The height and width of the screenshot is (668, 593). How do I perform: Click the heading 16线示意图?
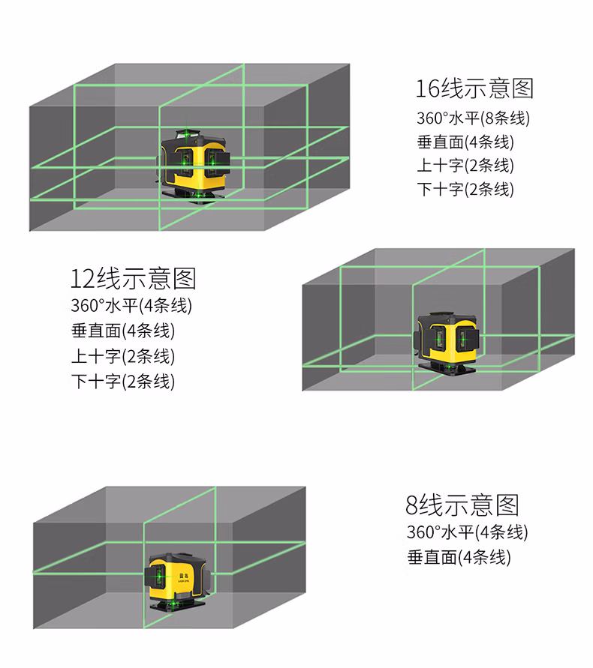click(474, 88)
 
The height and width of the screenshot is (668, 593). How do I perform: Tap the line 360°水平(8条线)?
click(468, 118)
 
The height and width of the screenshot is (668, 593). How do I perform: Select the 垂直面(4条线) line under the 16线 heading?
click(465, 142)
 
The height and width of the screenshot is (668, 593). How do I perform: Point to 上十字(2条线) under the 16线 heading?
click(465, 165)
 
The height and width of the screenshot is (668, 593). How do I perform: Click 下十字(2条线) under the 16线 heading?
click(465, 189)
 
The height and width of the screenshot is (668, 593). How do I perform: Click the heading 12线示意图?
click(133, 278)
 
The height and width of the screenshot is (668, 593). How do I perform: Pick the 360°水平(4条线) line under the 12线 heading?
click(131, 305)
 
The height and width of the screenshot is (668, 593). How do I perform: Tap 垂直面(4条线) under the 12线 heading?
click(123, 330)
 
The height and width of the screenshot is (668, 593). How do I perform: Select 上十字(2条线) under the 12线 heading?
click(123, 355)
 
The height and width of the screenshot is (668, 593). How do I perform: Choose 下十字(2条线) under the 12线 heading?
click(123, 381)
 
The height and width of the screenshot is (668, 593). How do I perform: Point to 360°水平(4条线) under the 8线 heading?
click(467, 532)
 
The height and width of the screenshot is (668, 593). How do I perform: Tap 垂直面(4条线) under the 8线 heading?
click(459, 557)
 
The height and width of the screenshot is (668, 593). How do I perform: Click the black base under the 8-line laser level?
click(179, 604)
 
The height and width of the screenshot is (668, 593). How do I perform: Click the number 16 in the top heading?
click(429, 88)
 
